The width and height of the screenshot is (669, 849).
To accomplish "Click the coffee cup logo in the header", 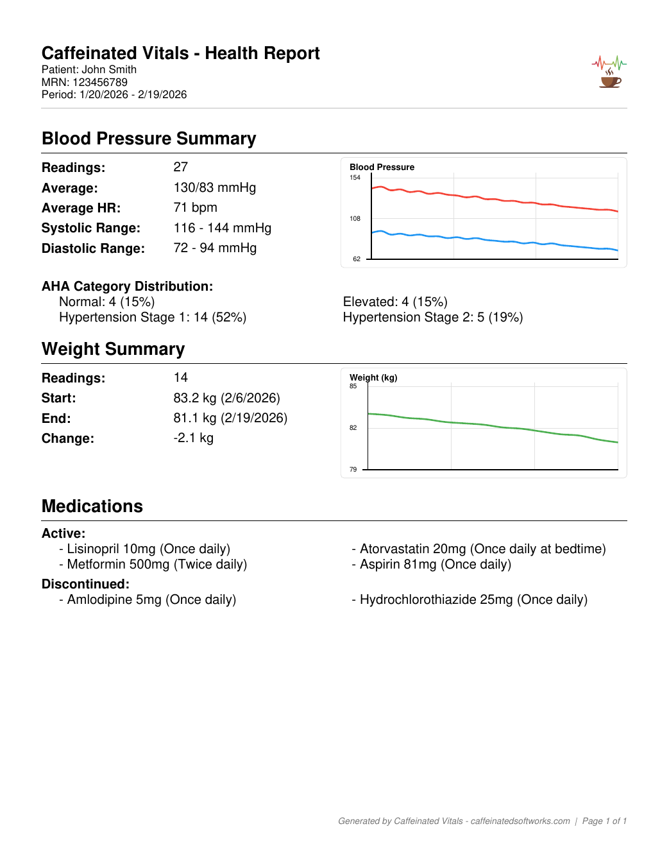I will [x=610, y=79].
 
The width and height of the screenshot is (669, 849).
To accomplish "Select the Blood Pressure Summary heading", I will [x=149, y=139].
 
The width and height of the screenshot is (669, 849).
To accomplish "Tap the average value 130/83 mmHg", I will [x=214, y=187].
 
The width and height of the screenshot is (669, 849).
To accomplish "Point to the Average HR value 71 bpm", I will [x=195, y=207].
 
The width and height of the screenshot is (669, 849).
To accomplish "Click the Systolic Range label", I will [x=90, y=228].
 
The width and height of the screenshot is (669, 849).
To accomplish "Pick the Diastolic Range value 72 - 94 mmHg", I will [x=215, y=248].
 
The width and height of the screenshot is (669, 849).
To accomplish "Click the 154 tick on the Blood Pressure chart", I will [x=355, y=178].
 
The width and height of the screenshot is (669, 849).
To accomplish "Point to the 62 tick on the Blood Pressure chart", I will [x=357, y=259].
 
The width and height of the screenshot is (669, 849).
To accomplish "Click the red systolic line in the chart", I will [x=494, y=200].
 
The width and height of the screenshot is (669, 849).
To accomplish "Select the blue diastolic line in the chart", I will [x=494, y=241].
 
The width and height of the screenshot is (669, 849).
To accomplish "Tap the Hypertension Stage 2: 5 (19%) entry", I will [x=433, y=317].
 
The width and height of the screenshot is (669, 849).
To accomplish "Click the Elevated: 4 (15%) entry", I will [x=395, y=302].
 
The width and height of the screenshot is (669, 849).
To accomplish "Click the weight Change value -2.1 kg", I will [x=193, y=438].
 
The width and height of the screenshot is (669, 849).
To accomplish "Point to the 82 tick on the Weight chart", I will [x=353, y=427].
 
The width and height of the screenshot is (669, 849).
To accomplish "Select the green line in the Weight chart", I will [x=494, y=425].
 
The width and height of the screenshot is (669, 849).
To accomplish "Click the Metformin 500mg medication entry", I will [x=157, y=564].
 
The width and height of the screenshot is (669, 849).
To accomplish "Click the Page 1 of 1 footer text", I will [x=604, y=821].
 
